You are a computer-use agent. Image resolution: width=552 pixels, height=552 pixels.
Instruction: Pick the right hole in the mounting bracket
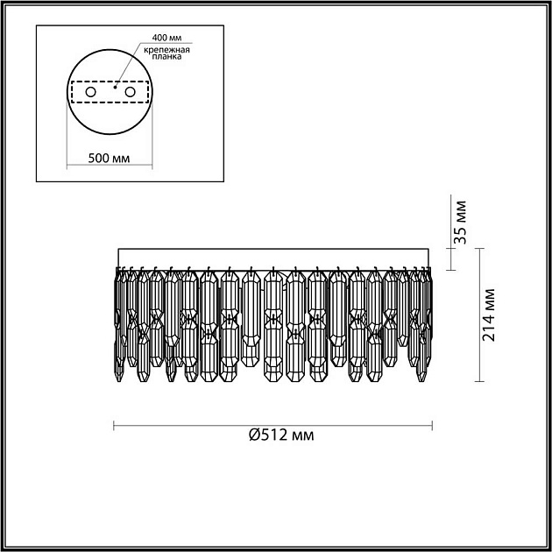pyautogui.click(x=131, y=92)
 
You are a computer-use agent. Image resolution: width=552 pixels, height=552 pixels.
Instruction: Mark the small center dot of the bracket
pyautogui.click(x=117, y=88)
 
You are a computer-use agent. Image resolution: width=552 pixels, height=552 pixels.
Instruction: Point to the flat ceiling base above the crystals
pyautogui.click(x=273, y=255)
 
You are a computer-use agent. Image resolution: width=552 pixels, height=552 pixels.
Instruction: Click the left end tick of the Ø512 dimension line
pyautogui.click(x=116, y=426)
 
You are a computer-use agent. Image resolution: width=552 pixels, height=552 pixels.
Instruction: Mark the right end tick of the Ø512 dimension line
pyautogui.click(x=432, y=426)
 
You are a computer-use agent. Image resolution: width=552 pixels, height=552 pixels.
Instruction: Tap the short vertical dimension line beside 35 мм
pyautogui.click(x=450, y=257)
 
